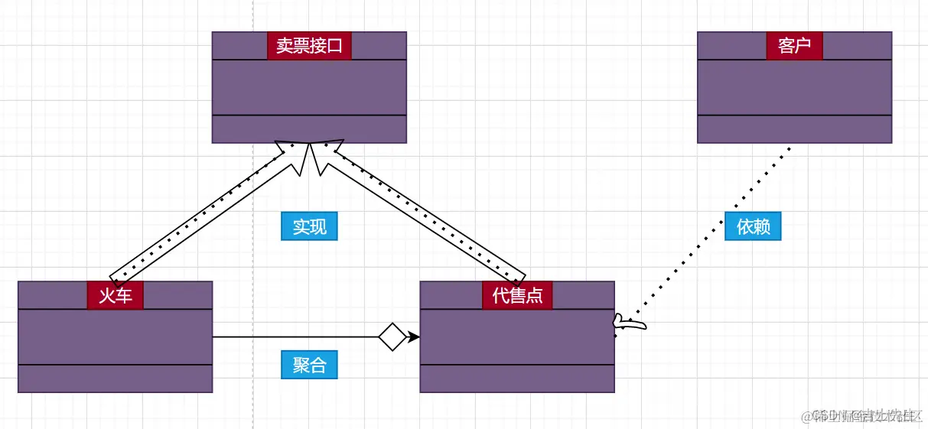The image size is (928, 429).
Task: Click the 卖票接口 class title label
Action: (x=309, y=46)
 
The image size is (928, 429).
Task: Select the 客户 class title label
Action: (x=794, y=46)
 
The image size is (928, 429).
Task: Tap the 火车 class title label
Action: (x=116, y=295)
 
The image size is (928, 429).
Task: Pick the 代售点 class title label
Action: (x=517, y=295)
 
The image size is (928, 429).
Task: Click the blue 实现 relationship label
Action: (x=309, y=227)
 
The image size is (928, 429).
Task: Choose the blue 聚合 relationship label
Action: (x=309, y=365)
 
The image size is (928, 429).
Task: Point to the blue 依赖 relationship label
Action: (x=753, y=227)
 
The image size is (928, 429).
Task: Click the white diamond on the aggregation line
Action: (x=392, y=336)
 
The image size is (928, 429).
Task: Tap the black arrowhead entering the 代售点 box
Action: (x=414, y=336)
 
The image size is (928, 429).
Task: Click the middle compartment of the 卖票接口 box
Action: (x=309, y=87)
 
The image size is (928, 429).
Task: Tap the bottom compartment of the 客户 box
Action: (x=794, y=129)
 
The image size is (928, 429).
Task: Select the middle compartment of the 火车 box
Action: (x=115, y=336)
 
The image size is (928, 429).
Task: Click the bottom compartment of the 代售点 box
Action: (x=517, y=379)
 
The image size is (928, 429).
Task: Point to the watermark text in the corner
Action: (x=864, y=416)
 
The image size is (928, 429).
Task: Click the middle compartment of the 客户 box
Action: (x=794, y=87)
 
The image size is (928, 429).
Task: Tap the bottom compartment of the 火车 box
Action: (x=115, y=379)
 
